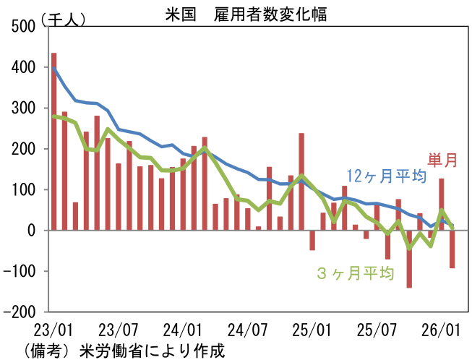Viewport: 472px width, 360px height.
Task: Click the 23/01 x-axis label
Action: tap(54, 330)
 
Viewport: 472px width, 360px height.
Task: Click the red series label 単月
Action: tap(442, 160)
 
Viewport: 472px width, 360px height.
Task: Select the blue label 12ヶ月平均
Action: tap(385, 176)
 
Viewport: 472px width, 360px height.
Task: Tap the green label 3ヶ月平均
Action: tap(355, 273)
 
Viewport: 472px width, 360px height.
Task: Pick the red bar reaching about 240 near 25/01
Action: tap(301, 181)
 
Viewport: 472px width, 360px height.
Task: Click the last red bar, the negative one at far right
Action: tap(452, 249)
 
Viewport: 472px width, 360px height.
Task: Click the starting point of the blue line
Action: tap(54, 68)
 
